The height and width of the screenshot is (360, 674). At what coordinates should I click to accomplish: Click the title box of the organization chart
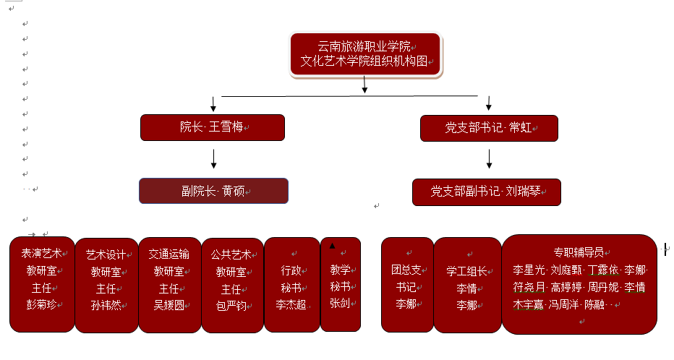[365, 54]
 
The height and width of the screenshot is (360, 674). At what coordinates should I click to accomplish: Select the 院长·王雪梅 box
[212, 127]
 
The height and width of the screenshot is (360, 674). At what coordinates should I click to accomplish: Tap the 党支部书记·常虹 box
[489, 128]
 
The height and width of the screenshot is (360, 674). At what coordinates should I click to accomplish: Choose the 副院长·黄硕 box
[213, 191]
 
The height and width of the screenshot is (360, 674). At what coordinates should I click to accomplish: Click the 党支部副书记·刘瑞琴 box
[486, 192]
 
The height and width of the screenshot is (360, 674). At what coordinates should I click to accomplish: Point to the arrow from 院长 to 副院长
[213, 158]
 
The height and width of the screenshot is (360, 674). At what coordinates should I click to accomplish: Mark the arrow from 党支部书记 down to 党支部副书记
[490, 159]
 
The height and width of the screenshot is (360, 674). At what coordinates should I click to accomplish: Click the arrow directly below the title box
[364, 85]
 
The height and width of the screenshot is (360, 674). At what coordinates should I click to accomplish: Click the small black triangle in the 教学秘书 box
[332, 246]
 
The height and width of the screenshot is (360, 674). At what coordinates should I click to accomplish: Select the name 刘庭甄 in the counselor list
[566, 270]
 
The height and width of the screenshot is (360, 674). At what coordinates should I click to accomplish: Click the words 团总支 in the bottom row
[406, 270]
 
